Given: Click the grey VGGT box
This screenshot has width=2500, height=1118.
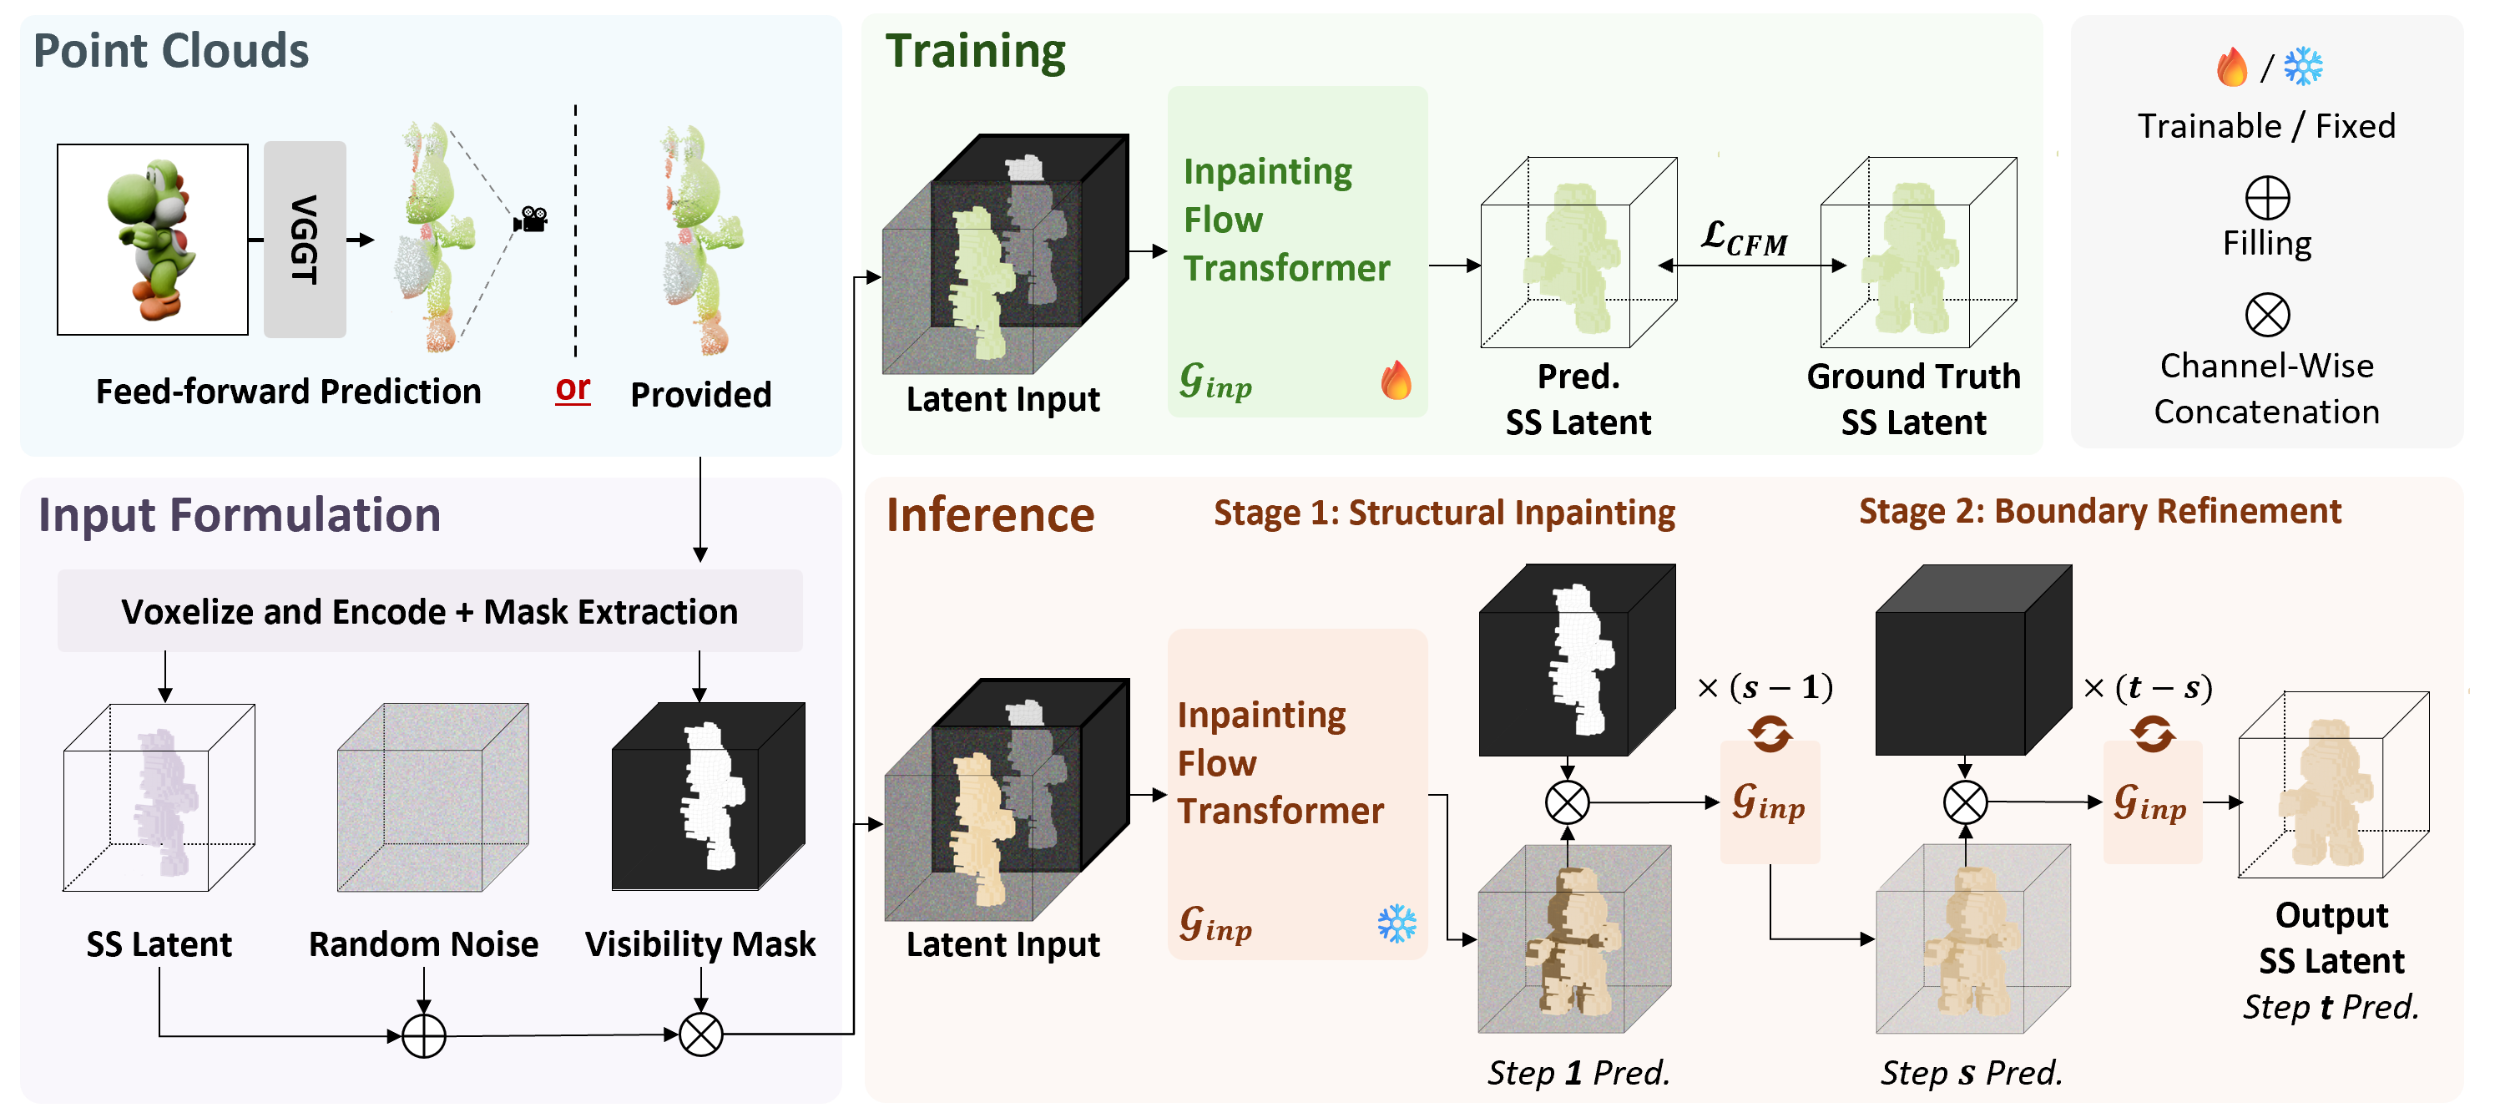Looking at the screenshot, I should [x=305, y=239].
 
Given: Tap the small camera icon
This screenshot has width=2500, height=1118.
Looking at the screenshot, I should [x=531, y=220].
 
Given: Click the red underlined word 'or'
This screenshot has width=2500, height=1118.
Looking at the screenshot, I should [x=573, y=388].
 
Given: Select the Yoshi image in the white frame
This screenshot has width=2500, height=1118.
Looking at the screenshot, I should [x=153, y=240].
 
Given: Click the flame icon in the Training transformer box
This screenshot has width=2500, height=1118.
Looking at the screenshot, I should [x=1396, y=381].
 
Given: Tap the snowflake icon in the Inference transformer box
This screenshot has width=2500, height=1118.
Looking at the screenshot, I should [x=1396, y=924].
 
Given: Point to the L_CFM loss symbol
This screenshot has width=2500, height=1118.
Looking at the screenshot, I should [x=1744, y=238].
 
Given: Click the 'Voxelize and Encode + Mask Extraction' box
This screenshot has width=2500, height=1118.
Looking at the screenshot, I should [x=430, y=611].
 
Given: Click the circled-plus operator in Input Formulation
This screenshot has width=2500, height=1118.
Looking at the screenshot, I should [x=423, y=1035].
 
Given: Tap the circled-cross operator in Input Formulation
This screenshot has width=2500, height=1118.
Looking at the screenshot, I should [x=700, y=1035].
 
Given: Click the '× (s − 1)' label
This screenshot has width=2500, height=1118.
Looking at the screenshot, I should [x=1765, y=688].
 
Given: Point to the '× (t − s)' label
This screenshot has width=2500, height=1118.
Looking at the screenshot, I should [x=2148, y=688].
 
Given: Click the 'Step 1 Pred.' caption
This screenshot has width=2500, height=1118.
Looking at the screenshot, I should [x=1578, y=1072].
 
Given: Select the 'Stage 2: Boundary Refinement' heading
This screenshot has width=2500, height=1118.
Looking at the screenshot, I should [x=2099, y=512].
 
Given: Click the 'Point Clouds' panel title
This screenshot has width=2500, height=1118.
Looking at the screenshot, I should [x=171, y=50].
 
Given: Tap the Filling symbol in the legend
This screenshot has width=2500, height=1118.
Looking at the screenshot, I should [x=2267, y=199].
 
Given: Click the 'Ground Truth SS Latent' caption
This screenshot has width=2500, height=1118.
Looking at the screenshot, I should [x=1913, y=399].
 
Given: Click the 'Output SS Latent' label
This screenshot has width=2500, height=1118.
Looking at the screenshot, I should [x=2331, y=938].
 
